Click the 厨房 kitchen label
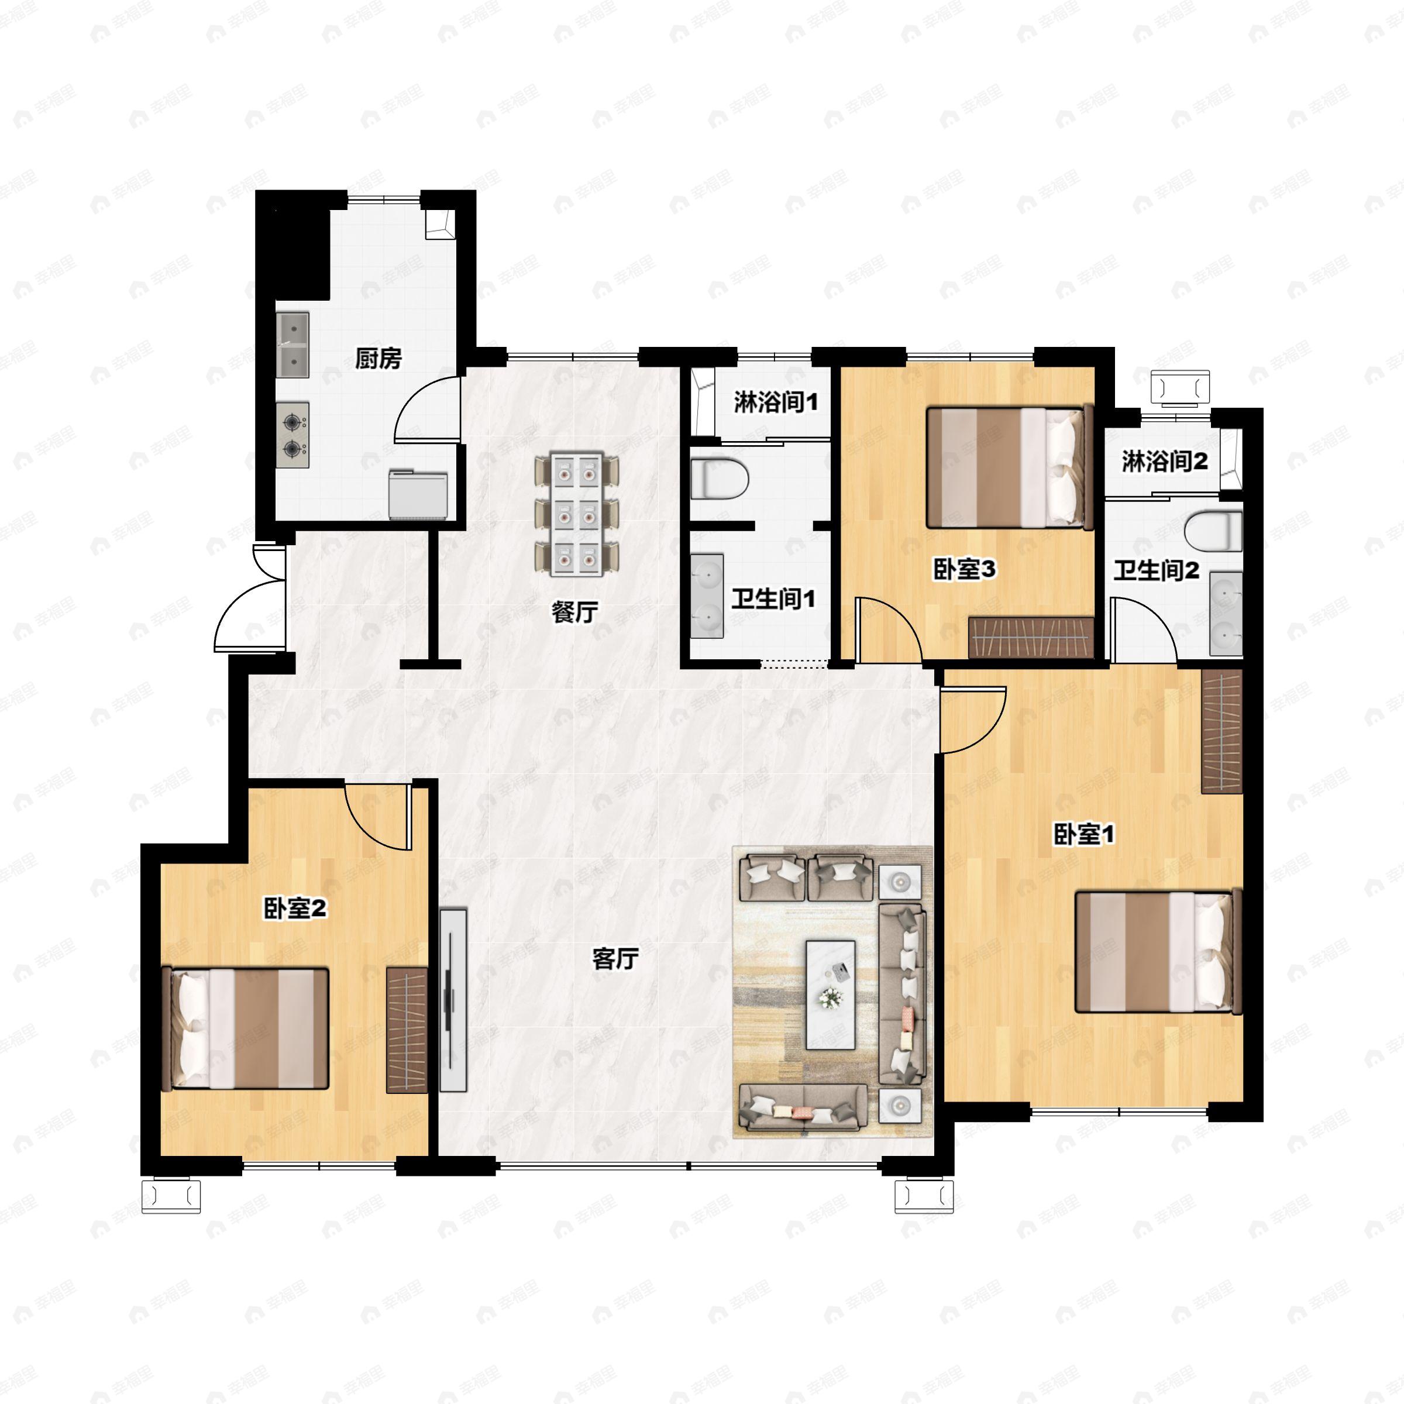pyautogui.click(x=378, y=358)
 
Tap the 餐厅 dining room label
pyautogui.click(x=574, y=612)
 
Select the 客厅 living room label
pyautogui.click(x=615, y=959)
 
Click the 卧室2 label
pyautogui.click(x=294, y=908)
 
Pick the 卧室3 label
pyautogui.click(x=964, y=570)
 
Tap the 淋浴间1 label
pyautogui.click(x=776, y=402)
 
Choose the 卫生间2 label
pyautogui.click(x=1156, y=570)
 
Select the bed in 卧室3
pyautogui.click(x=1010, y=467)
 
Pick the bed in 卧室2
pyautogui.click(x=245, y=1028)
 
